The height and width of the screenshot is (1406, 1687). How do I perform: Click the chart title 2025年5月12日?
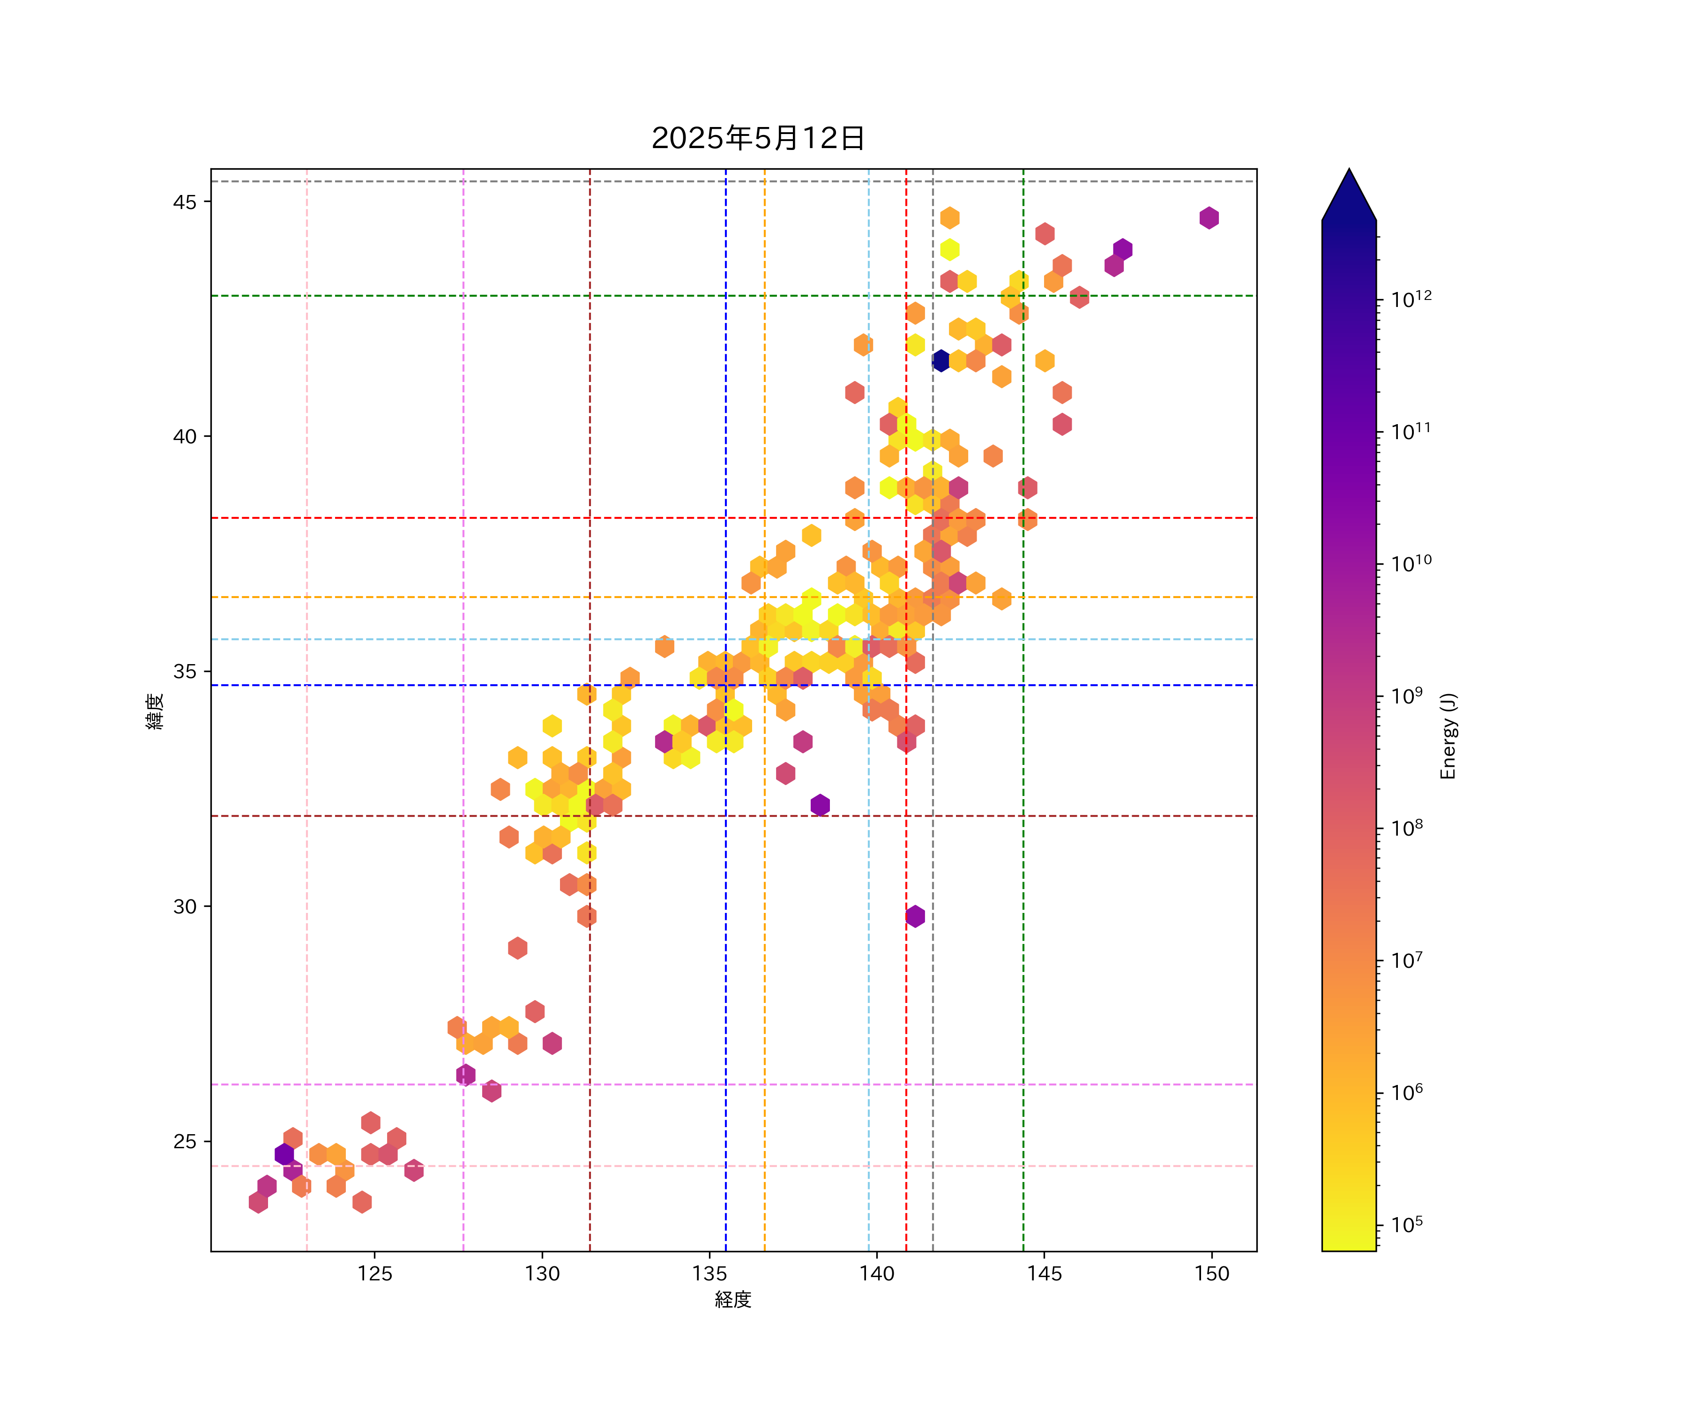point(758,138)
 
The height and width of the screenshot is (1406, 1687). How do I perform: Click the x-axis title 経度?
point(732,1299)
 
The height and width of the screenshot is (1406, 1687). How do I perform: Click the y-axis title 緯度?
point(155,711)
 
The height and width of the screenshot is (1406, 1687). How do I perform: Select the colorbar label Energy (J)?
point(1448,736)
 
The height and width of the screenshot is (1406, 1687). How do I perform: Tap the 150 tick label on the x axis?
point(1211,1273)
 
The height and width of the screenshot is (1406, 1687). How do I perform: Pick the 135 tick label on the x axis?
point(709,1273)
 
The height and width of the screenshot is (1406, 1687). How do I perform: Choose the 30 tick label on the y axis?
point(185,906)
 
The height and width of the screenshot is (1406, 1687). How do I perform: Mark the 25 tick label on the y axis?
point(185,1142)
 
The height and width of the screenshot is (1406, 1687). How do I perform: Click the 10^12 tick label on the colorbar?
point(1411,299)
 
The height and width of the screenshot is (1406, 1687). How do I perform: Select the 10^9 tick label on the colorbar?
point(1407,696)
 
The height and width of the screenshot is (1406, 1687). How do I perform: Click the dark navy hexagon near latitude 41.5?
point(941,361)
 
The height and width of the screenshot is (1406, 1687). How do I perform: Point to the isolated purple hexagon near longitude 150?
point(1209,218)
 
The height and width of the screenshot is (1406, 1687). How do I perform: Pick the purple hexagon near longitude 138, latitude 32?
point(820,805)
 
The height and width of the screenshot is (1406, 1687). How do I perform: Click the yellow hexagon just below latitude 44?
point(949,250)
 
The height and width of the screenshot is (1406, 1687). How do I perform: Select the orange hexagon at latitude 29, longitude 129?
point(517,948)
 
